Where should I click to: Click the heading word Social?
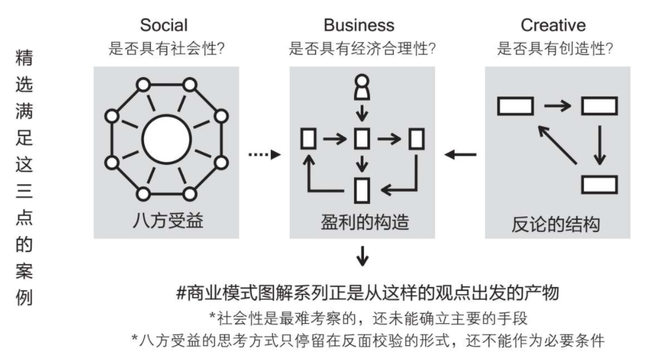(x=164, y=25)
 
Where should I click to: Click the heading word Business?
(x=359, y=25)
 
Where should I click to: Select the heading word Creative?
(x=553, y=25)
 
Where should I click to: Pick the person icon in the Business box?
(x=362, y=86)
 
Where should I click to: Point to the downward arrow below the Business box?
(x=362, y=255)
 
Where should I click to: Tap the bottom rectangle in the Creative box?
(x=599, y=184)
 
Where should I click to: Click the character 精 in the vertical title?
(x=24, y=58)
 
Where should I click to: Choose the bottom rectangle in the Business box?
(x=362, y=188)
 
